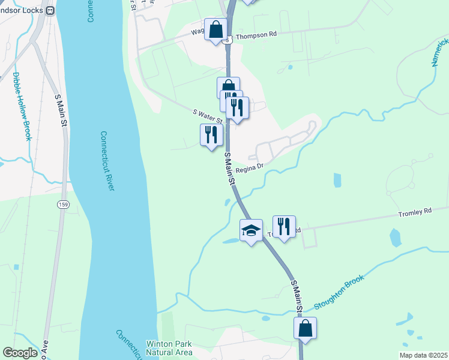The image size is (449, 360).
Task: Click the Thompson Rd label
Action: pos(256,35)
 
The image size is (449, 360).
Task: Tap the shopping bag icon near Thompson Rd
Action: pos(215,29)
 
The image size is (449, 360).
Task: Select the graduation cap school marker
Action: pos(251,230)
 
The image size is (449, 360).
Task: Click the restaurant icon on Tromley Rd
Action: pos(284,227)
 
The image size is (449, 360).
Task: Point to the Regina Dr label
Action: pos(250,169)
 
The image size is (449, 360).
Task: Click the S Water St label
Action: pos(208,116)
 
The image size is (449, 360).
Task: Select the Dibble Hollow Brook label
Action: pos(22,106)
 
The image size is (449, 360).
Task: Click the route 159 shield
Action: pos(62,205)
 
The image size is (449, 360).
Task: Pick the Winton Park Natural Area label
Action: pos(169,348)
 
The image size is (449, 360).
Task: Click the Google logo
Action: pos(20,353)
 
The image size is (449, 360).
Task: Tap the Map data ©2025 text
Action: pos(422,355)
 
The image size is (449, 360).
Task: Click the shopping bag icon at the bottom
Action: pos(305,328)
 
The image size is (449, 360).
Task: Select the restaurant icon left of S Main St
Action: pos(211,135)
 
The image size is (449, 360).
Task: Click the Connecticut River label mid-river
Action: pos(107,161)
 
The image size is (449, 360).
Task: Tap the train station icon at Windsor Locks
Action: pos(50,10)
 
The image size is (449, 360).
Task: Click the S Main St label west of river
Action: pos(61,109)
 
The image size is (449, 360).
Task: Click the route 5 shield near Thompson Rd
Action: pos(226,40)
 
